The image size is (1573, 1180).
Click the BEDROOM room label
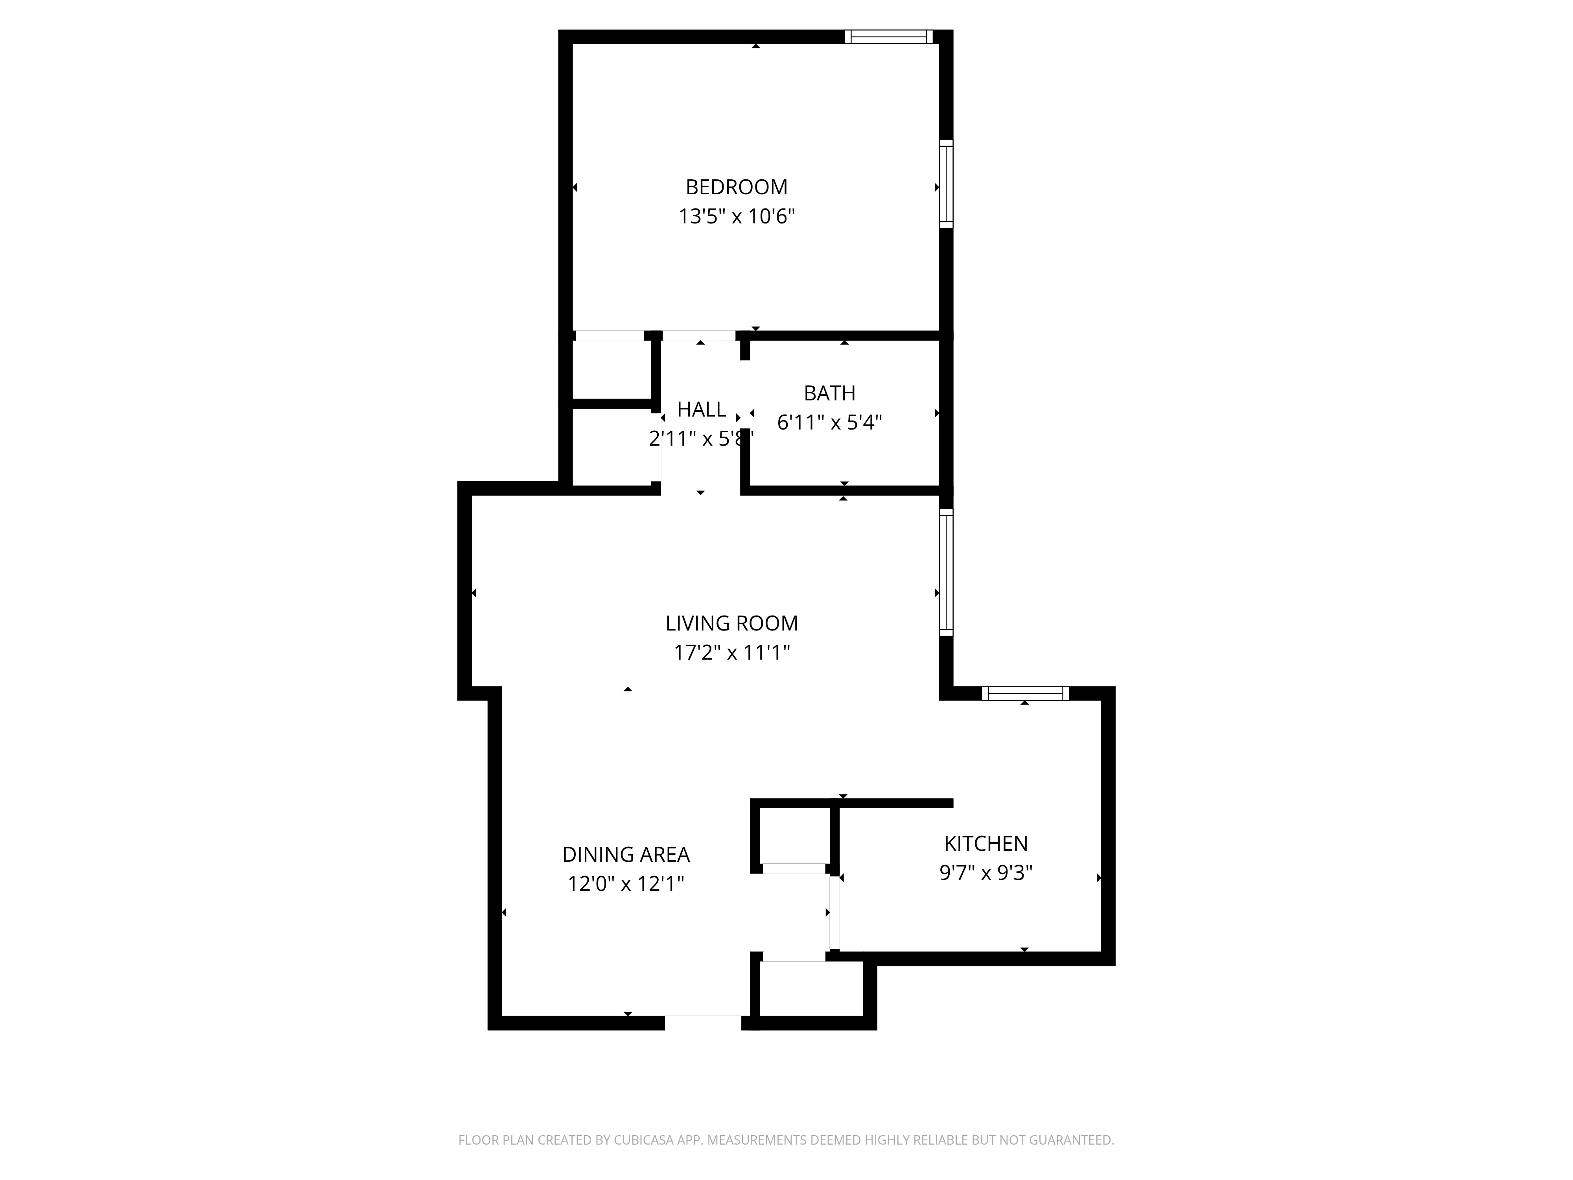pyautogui.click(x=736, y=187)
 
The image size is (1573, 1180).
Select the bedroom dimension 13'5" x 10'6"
pyautogui.click(x=736, y=216)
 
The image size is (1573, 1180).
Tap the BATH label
pyautogui.click(x=829, y=393)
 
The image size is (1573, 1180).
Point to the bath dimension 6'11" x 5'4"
pyautogui.click(x=829, y=422)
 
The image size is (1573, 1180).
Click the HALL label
pyautogui.click(x=701, y=410)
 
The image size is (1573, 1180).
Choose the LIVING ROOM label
pyautogui.click(x=732, y=623)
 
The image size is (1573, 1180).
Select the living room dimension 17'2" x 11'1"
pyautogui.click(x=732, y=652)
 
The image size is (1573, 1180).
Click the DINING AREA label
pyautogui.click(x=626, y=854)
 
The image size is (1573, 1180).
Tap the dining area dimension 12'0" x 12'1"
pyautogui.click(x=626, y=883)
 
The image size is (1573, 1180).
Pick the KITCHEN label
pyautogui.click(x=985, y=844)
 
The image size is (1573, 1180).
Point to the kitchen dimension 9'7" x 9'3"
pyautogui.click(x=985, y=873)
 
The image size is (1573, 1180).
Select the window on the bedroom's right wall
pyautogui.click(x=946, y=184)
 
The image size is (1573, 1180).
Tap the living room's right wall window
pyautogui.click(x=946, y=572)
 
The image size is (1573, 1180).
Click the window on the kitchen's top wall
pyautogui.click(x=1025, y=693)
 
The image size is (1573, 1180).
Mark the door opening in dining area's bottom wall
pyautogui.click(x=703, y=1022)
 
